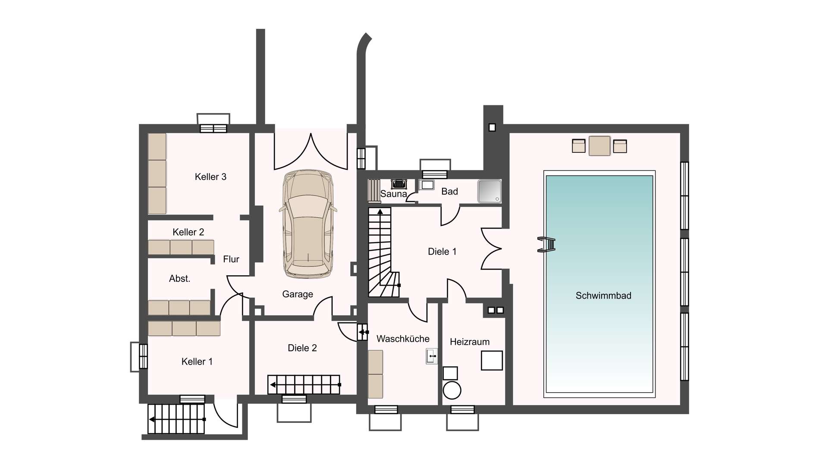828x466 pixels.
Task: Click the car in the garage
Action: click(308, 224)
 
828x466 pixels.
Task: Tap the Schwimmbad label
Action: click(603, 296)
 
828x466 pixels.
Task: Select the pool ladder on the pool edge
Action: click(546, 245)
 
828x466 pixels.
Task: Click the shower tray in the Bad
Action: click(489, 191)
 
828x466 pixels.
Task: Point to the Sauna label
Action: click(393, 194)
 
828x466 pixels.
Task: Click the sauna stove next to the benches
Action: click(399, 184)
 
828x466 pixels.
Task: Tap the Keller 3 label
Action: click(210, 176)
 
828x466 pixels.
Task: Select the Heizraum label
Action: click(470, 342)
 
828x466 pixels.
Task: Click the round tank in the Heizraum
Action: click(452, 390)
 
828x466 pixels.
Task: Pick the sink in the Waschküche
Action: click(432, 356)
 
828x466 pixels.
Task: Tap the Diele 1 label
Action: click(442, 252)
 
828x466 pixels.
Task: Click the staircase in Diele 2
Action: click(304, 384)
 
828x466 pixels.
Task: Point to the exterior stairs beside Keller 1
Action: click(176, 419)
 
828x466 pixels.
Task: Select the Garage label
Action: click(298, 294)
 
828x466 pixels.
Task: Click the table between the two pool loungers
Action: click(599, 145)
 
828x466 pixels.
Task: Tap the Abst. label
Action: click(179, 279)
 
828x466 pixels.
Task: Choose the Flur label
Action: click(231, 259)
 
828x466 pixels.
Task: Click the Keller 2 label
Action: click(188, 232)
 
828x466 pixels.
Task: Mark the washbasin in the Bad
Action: click(427, 185)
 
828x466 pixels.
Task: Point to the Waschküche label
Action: click(403, 339)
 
